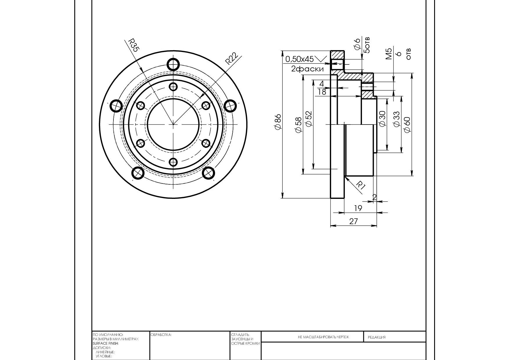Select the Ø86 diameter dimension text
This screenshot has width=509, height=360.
[278, 122]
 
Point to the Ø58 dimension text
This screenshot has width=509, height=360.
[298, 125]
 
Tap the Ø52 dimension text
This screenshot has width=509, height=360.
[308, 119]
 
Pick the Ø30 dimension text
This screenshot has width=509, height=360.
[382, 119]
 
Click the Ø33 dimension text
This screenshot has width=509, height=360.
[396, 119]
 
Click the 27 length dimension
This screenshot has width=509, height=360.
[353, 221]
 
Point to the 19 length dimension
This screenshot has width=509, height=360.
[358, 208]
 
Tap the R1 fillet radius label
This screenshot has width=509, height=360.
[360, 186]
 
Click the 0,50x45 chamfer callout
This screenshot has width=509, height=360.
[299, 59]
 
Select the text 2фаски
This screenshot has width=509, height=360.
[307, 69]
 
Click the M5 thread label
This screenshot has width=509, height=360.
[389, 54]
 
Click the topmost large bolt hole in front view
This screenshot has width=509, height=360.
[174, 64]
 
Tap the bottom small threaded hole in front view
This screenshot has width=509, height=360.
[173, 162]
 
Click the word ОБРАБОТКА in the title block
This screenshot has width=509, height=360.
[161, 335]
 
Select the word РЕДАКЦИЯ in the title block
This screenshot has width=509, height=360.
[377, 337]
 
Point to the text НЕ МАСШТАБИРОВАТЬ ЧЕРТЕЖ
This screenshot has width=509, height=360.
[323, 337]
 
